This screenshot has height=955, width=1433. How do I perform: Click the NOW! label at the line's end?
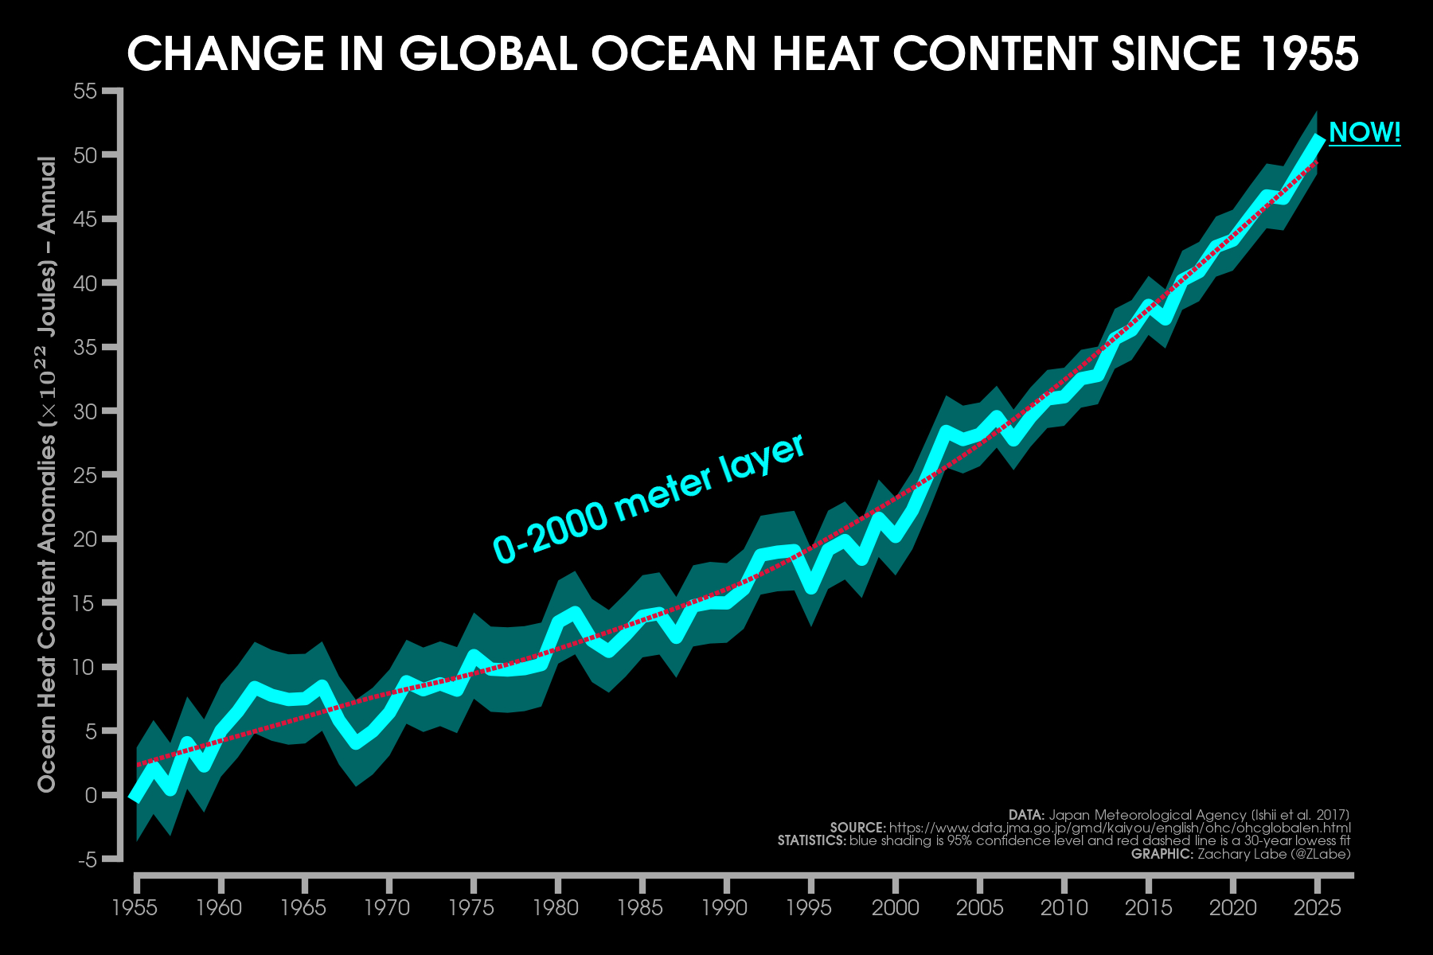click(1365, 132)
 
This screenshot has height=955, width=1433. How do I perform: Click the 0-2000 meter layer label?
click(649, 500)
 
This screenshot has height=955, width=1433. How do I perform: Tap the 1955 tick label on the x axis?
click(135, 907)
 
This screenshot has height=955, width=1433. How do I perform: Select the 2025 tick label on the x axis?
click(1318, 907)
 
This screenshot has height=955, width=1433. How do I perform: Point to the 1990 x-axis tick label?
click(725, 907)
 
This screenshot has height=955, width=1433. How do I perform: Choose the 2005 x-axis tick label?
click(979, 907)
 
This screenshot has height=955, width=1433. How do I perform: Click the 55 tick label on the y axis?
click(85, 92)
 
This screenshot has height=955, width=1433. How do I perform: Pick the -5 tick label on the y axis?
click(88, 859)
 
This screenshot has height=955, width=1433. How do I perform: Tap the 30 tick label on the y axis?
click(85, 411)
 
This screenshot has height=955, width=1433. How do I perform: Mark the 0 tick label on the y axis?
click(91, 795)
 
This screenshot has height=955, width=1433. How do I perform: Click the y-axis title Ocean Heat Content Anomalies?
click(48, 474)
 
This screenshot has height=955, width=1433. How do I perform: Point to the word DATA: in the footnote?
click(1026, 815)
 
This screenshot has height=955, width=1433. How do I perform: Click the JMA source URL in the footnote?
click(1119, 828)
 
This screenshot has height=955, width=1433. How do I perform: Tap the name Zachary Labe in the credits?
click(1240, 854)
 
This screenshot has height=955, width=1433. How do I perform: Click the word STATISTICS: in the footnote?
click(811, 840)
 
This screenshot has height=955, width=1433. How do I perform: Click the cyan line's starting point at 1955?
click(135, 797)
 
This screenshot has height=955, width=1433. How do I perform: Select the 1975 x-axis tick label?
click(472, 907)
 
